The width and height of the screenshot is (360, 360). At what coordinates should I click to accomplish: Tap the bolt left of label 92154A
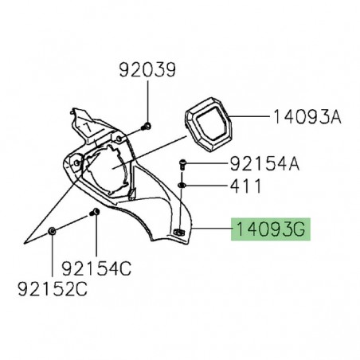183,164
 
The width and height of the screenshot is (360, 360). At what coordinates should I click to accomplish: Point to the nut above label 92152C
52,231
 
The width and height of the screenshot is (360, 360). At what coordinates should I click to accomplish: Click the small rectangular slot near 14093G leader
178,233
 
